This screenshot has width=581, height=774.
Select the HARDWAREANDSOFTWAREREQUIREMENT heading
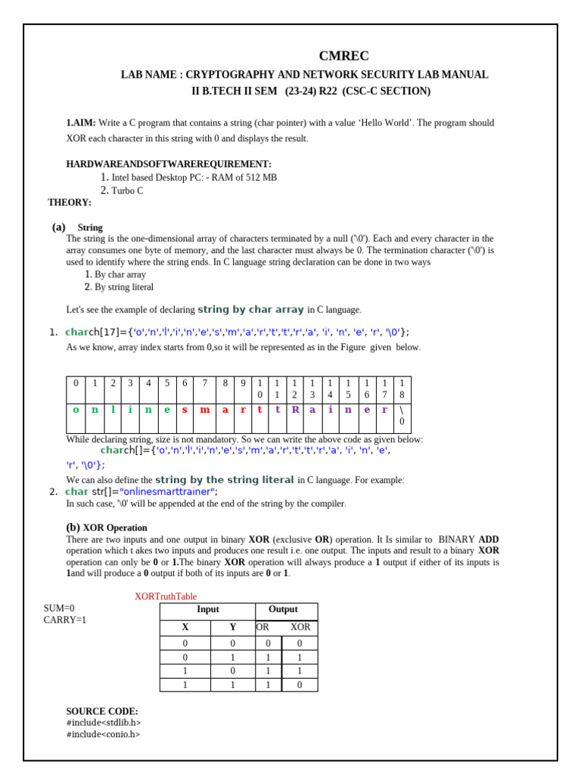(x=169, y=164)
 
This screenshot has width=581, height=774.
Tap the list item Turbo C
(x=127, y=190)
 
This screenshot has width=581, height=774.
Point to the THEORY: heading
(x=70, y=203)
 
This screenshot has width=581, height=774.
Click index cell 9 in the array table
(x=243, y=383)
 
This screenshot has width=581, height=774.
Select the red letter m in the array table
(x=204, y=410)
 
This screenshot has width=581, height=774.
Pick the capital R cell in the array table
(x=296, y=410)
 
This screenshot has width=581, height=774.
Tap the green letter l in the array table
(x=113, y=410)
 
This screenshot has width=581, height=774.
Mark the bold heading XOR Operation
(x=115, y=528)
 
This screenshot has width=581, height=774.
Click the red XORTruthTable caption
(x=166, y=596)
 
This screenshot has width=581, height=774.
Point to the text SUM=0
(x=59, y=608)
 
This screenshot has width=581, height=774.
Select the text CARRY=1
(x=65, y=620)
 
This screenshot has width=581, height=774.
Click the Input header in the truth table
(x=208, y=609)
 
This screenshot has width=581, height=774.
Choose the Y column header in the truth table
(x=233, y=627)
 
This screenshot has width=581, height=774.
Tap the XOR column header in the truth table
(x=300, y=627)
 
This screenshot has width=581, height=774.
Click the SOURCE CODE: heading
(x=102, y=711)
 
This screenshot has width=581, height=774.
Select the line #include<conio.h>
(x=103, y=734)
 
